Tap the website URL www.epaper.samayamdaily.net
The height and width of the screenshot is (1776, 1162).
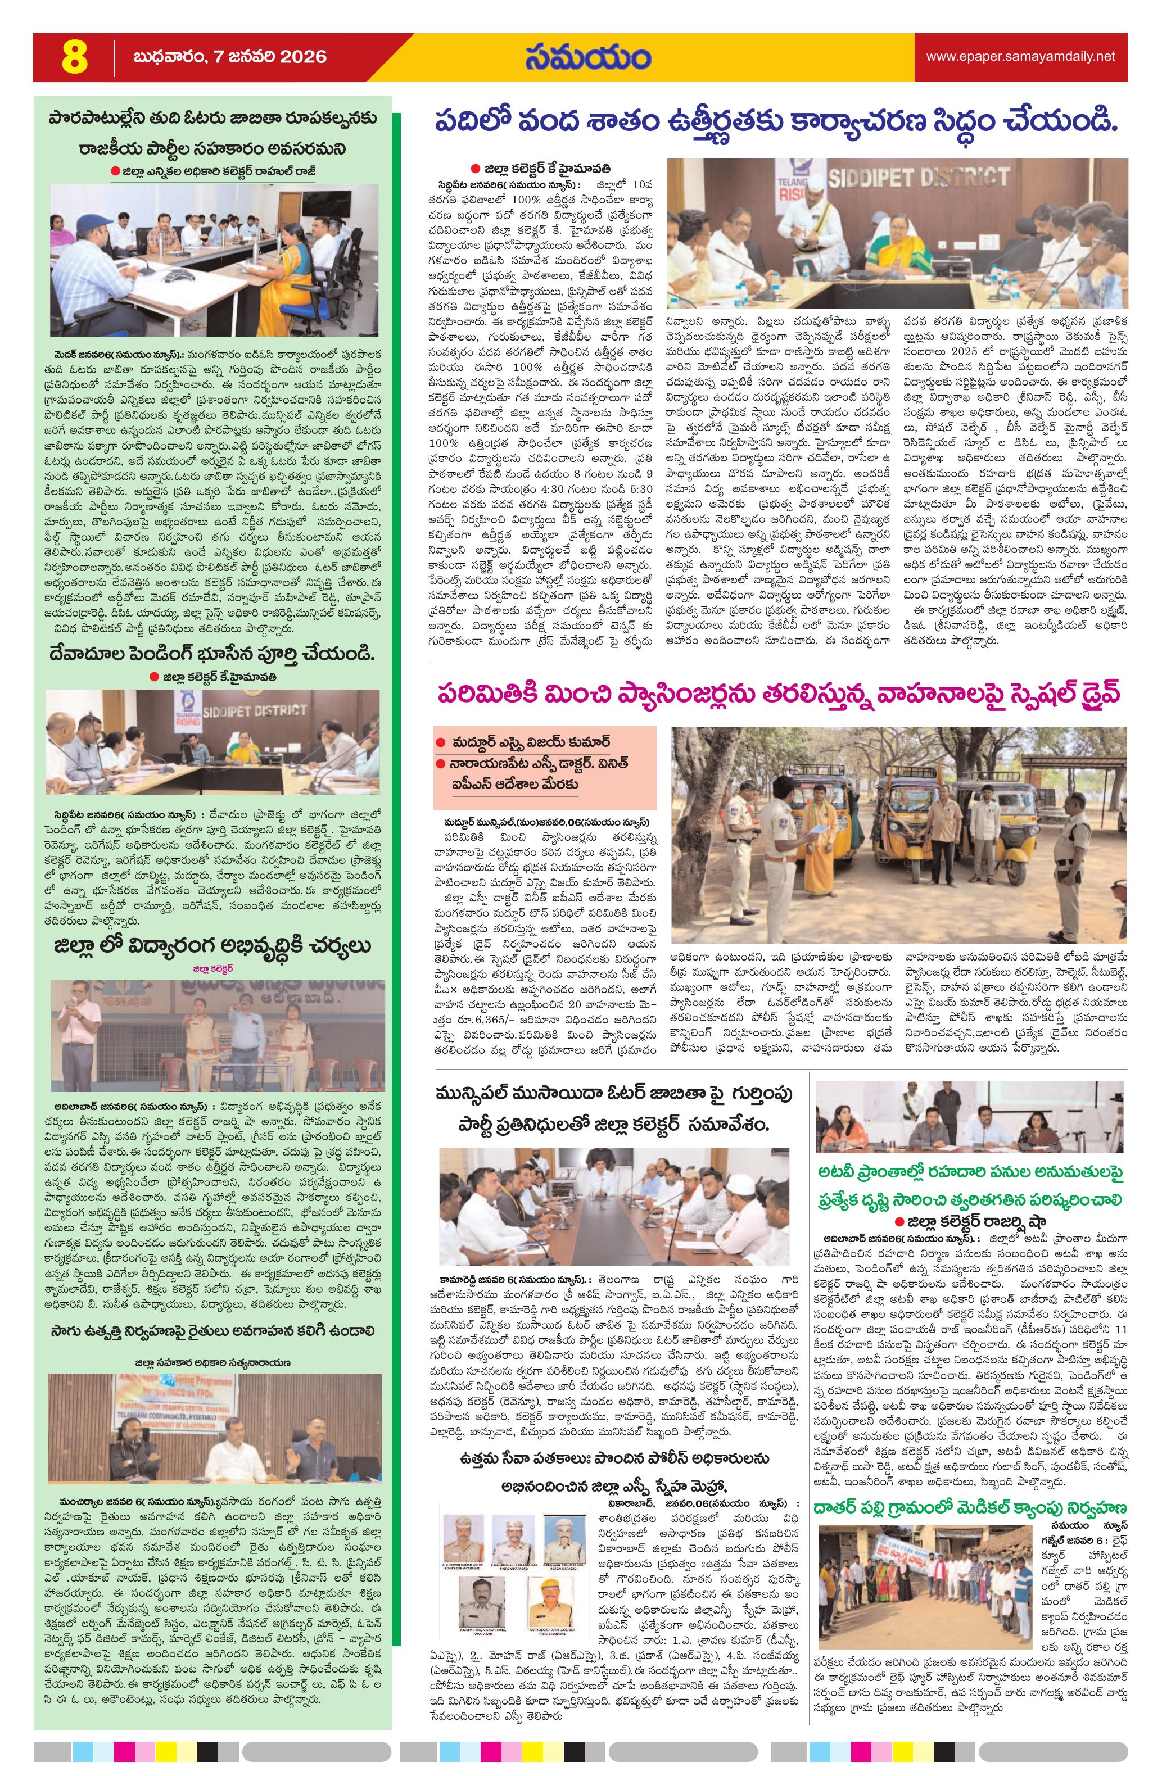pyautogui.click(x=1020, y=57)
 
